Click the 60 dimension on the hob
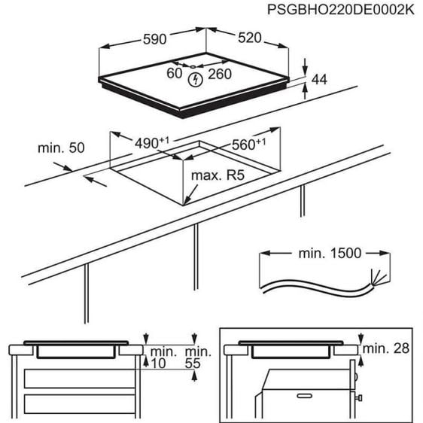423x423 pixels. coord(175,74)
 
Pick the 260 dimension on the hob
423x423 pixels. coord(218,74)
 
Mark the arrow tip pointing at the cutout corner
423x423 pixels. coord(184,205)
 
